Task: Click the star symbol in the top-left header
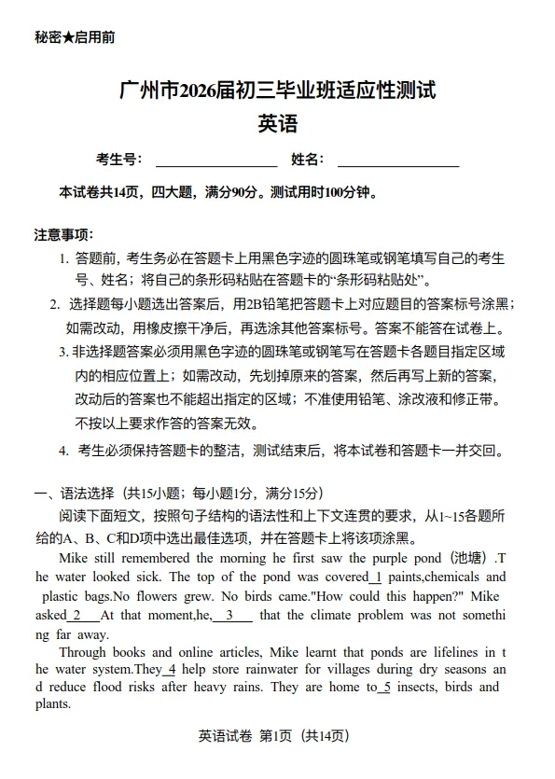click(68, 38)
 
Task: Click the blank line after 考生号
click(215, 160)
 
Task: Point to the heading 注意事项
click(63, 233)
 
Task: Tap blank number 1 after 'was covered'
click(376, 577)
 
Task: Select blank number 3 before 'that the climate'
click(233, 615)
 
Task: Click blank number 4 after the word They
click(170, 669)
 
